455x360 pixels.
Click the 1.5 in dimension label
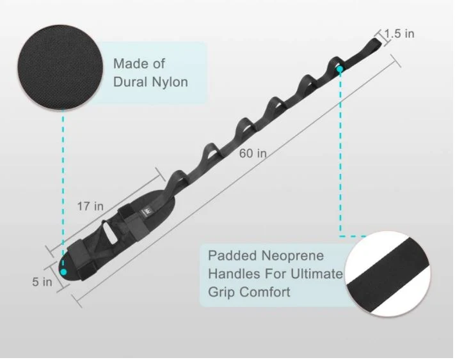[399, 34]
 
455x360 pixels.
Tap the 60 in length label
[253, 153]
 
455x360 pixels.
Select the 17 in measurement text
[90, 206]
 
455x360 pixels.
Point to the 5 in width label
[42, 282]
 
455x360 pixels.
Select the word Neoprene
[292, 256]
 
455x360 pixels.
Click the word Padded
[232, 256]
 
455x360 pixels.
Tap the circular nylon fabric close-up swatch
[60, 67]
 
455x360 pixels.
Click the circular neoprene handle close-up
[388, 274]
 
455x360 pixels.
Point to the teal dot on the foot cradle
[63, 272]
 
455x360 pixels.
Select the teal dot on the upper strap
[340, 69]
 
